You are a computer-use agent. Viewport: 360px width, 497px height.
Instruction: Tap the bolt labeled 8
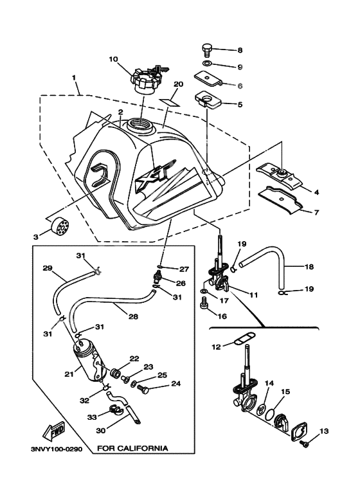(206, 51)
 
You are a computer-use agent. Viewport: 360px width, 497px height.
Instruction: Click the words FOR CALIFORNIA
(132, 448)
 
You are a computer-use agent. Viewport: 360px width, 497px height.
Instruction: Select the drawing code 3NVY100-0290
(57, 449)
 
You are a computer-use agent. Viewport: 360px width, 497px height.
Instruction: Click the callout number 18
(309, 267)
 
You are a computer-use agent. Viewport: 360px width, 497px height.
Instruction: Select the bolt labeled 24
(144, 390)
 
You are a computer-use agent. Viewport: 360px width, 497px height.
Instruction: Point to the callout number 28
(134, 316)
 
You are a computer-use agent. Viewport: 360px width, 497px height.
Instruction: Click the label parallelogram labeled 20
(170, 102)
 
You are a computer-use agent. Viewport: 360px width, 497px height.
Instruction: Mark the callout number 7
(316, 212)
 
